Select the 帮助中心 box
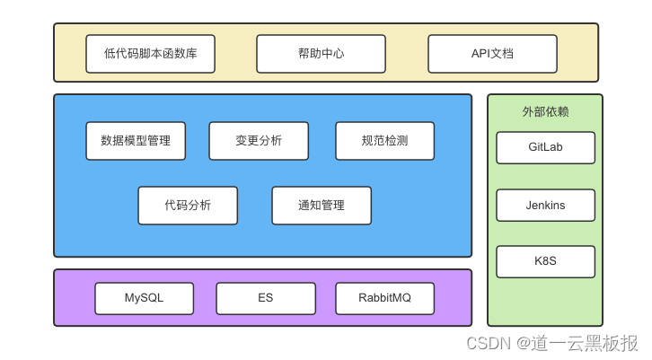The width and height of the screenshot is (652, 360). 321,54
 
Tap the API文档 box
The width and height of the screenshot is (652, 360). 492,54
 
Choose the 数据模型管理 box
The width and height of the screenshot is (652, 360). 136,141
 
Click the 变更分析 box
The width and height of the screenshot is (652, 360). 259,141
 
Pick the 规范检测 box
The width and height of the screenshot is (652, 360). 384,141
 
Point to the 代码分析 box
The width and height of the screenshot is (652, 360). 188,206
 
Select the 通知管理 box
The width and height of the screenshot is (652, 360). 322,206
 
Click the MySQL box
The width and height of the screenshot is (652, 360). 145,298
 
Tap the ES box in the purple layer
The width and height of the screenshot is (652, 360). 266,298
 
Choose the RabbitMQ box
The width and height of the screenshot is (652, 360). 384,298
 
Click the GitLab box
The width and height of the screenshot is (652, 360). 545,147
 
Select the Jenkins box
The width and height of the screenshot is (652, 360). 545,206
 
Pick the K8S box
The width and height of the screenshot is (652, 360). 545,262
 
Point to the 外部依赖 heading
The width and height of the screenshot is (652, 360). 545,112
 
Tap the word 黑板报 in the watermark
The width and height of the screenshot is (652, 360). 615,343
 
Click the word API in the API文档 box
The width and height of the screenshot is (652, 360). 481,54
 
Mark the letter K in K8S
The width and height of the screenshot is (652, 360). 537,262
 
